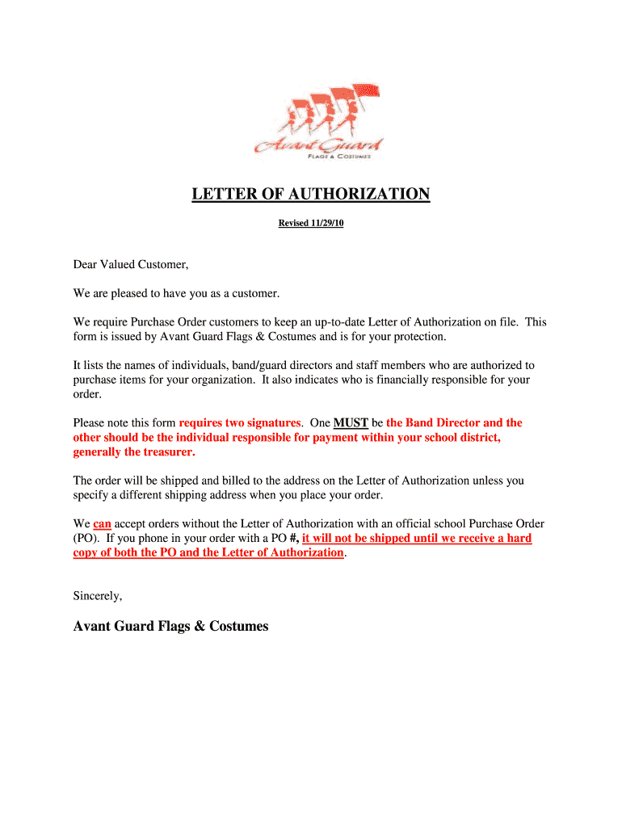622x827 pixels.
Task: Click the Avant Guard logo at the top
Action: (318, 124)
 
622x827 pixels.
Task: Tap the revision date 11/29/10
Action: (327, 223)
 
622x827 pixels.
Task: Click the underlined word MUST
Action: (351, 422)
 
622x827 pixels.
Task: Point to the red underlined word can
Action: (102, 523)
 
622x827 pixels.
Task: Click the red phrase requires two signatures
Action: (240, 422)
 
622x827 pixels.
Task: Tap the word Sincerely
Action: (98, 596)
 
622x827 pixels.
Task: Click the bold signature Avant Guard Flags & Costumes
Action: (170, 626)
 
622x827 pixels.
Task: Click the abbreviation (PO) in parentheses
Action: (86, 538)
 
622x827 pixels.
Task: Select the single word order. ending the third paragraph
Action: (87, 394)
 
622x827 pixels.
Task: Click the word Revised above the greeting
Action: (293, 223)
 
